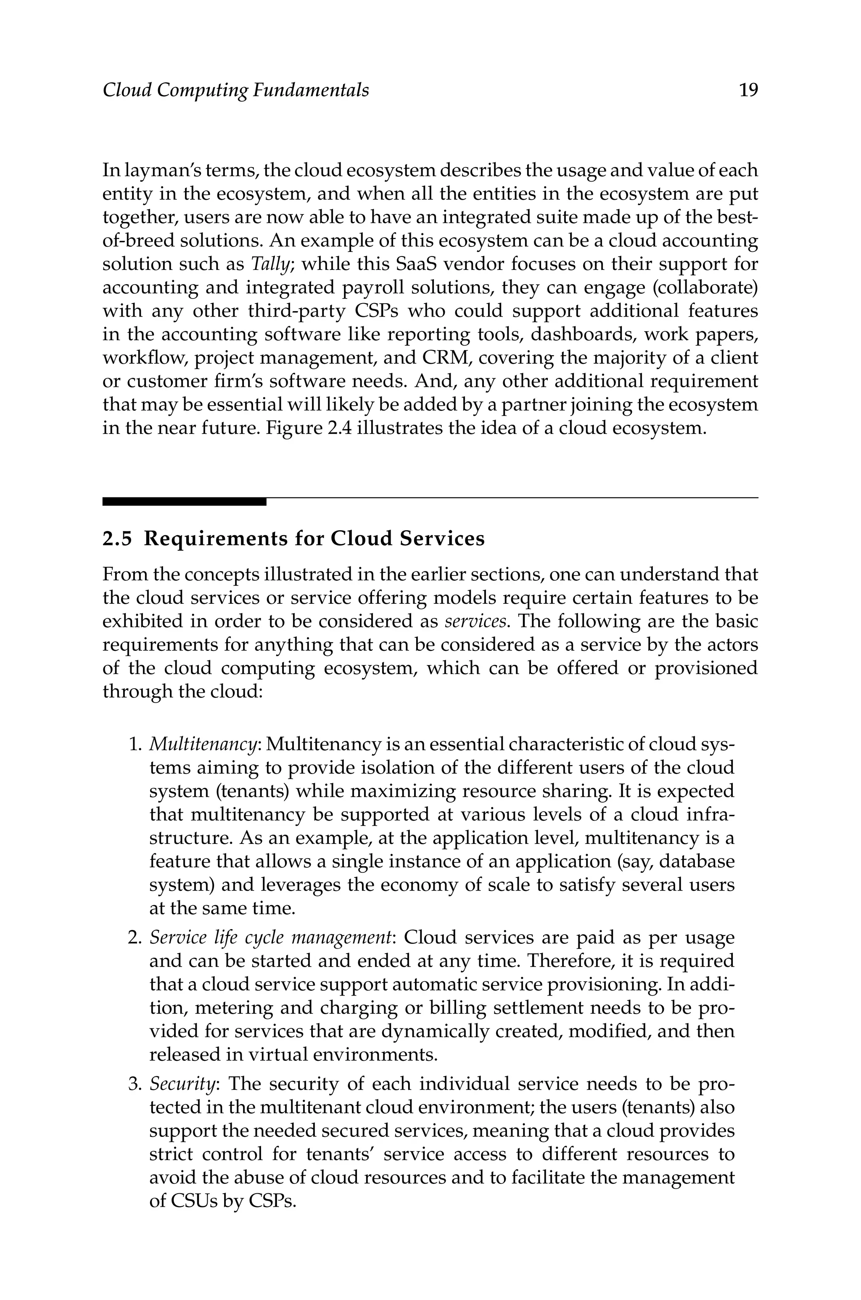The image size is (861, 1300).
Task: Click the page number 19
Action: (748, 90)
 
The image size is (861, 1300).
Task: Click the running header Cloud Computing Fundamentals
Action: (235, 90)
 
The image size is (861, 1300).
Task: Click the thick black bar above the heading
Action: (184, 502)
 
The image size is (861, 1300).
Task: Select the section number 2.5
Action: (118, 539)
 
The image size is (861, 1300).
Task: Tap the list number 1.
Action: (134, 745)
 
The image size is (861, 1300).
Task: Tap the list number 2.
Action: (134, 938)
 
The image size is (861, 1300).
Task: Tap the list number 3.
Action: (134, 1084)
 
